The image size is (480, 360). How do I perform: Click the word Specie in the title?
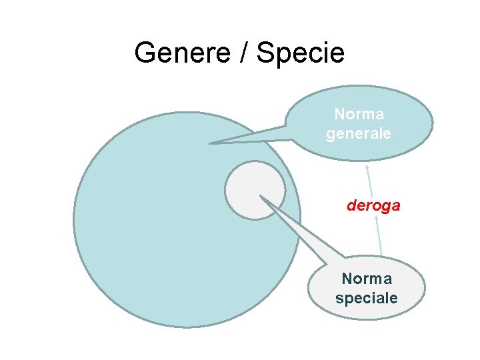[x=300, y=53]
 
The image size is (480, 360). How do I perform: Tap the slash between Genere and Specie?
[x=244, y=53]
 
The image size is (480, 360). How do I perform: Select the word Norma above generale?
[x=359, y=115]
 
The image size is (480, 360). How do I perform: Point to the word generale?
[x=359, y=133]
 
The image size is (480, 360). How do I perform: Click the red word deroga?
[x=373, y=205]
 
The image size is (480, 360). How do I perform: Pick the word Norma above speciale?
[x=367, y=279]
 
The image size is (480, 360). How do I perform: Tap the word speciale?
[x=367, y=297]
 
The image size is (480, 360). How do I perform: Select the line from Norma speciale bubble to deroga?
[x=378, y=237]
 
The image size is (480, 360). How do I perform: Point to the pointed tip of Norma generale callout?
[x=211, y=143]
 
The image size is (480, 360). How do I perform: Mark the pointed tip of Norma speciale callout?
[x=261, y=197]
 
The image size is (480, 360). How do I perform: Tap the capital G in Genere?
[x=143, y=53]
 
